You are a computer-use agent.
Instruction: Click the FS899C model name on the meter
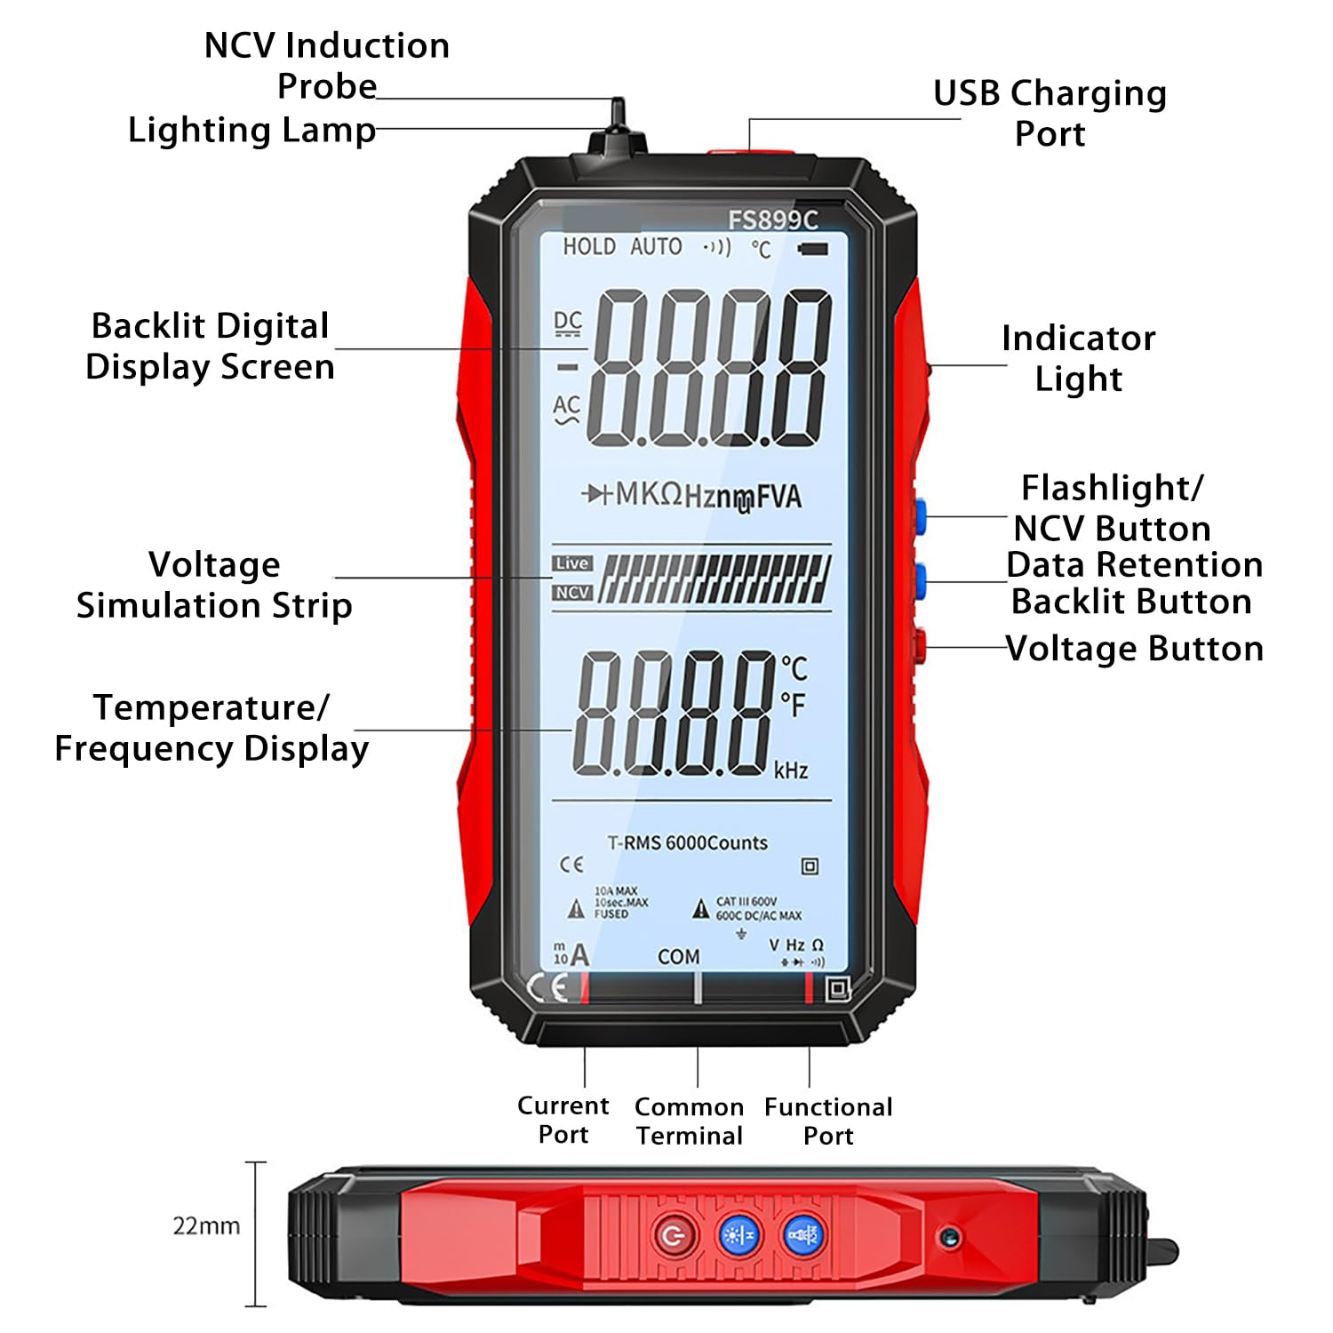(x=772, y=220)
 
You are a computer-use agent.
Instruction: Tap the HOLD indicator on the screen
(x=589, y=247)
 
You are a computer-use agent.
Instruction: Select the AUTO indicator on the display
(x=656, y=247)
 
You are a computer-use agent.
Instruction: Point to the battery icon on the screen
(x=812, y=249)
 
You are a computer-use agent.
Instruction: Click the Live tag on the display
(x=571, y=563)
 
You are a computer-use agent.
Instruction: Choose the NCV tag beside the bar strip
(x=572, y=592)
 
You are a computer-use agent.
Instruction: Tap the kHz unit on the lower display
(x=790, y=770)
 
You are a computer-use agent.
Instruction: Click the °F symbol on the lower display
(x=793, y=705)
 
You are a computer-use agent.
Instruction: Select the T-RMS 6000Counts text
(x=687, y=842)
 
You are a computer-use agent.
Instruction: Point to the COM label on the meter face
(x=678, y=956)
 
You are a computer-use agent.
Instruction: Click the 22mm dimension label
(x=206, y=1226)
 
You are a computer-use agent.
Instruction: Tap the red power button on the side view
(x=674, y=1235)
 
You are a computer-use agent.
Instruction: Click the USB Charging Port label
(x=1050, y=113)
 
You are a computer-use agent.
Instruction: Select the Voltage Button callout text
(x=1134, y=649)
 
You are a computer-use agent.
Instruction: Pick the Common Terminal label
(x=689, y=1121)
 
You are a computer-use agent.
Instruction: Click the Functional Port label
(x=828, y=1121)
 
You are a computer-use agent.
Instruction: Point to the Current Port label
(x=563, y=1120)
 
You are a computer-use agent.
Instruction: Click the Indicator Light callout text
(x=1078, y=358)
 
